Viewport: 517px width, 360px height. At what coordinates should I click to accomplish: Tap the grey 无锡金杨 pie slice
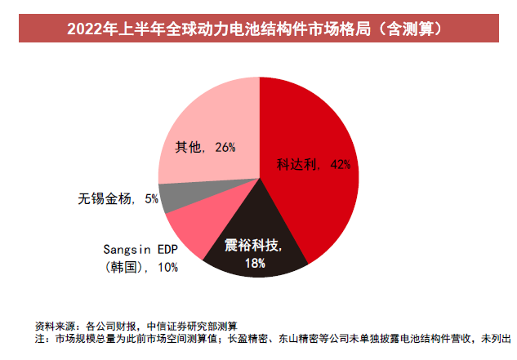coord(173,198)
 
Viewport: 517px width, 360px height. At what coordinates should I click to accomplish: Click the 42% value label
coord(341,164)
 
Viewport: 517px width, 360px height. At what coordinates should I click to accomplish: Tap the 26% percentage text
coord(225,148)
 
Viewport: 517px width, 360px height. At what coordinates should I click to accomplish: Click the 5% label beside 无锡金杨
coord(150,198)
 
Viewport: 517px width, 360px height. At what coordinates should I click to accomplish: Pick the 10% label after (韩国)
coord(166,267)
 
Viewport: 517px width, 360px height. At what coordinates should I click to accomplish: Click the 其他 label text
coord(188,148)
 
